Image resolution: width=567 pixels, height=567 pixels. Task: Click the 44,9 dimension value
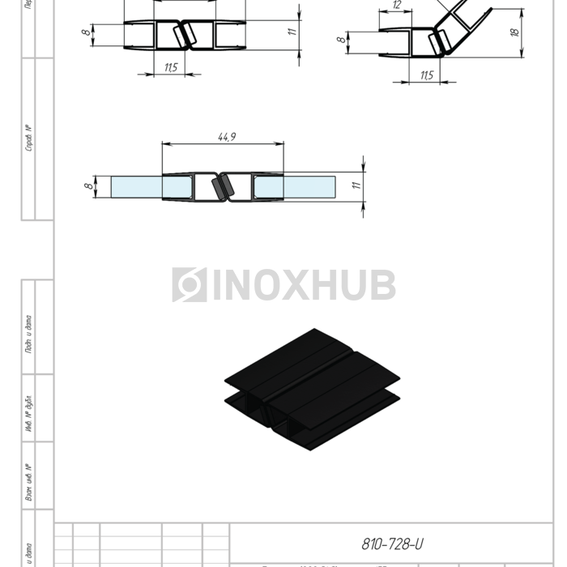tap(226, 137)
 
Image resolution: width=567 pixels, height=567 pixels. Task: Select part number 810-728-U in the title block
tap(392, 544)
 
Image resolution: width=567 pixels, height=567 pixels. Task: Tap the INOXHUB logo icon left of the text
tap(189, 285)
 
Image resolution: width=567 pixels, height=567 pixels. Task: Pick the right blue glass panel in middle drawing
tap(308, 187)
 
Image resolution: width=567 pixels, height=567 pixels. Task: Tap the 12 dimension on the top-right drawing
tap(397, 5)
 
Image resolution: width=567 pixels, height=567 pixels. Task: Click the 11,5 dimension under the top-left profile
tap(171, 67)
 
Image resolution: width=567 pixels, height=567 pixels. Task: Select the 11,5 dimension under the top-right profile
tap(426, 75)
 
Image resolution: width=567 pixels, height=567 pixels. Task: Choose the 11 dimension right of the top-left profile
tap(292, 32)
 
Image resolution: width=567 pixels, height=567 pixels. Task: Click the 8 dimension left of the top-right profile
tap(342, 38)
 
